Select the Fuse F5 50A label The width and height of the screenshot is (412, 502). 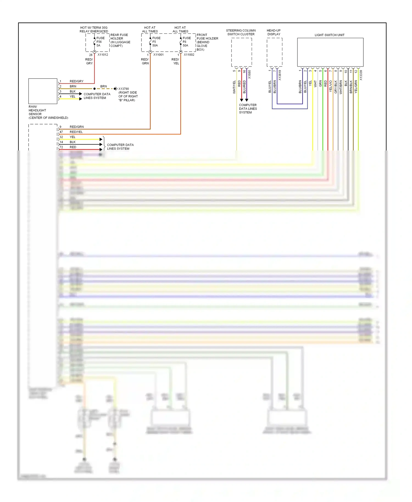coord(156,42)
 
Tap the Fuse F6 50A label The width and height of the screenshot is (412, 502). coord(186,42)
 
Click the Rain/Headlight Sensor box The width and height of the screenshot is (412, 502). coord(43,91)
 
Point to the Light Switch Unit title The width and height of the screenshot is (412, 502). coord(329,35)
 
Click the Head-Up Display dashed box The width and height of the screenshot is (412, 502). coord(274,52)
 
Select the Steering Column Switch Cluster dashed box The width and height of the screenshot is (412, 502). coord(241,52)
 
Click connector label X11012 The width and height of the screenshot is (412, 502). coord(103,55)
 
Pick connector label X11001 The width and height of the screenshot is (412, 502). coord(158,55)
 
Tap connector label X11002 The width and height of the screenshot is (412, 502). coord(189,55)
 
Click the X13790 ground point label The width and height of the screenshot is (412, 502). coord(124,89)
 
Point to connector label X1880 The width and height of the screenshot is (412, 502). coord(249,74)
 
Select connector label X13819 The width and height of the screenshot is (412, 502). coord(280,75)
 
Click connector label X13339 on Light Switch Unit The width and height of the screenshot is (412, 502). coord(361,75)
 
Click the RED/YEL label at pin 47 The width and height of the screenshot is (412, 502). coord(76,132)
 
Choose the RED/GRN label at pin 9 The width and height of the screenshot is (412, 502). coord(77,127)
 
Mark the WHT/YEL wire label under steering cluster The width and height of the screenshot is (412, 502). coord(234,87)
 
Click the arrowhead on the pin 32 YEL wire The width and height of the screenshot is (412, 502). coord(101,140)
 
